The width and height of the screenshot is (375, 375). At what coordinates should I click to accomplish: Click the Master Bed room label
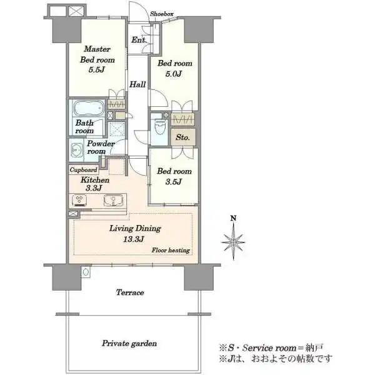click(97, 54)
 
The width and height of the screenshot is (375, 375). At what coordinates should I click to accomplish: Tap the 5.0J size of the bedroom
click(174, 74)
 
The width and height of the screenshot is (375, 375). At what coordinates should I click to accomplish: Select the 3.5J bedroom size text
click(174, 182)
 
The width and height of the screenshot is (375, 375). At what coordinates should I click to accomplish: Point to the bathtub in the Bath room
click(89, 108)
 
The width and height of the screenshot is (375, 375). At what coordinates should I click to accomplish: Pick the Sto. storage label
click(182, 137)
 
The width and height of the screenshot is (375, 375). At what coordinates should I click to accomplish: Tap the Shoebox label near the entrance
click(162, 14)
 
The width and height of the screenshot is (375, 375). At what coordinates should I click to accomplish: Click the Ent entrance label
click(138, 40)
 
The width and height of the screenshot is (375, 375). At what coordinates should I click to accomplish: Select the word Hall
click(137, 84)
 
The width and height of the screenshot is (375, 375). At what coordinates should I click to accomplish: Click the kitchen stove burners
click(79, 201)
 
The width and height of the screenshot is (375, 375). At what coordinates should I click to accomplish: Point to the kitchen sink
click(113, 200)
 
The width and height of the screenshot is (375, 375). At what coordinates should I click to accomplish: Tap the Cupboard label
click(84, 170)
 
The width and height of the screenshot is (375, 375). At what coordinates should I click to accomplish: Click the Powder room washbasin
click(76, 150)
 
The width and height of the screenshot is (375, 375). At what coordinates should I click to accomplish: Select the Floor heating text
click(171, 251)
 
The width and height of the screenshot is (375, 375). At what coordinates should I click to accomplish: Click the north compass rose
click(233, 242)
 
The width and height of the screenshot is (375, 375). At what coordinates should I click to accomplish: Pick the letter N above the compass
click(233, 218)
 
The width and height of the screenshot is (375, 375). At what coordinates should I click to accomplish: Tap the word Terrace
click(130, 292)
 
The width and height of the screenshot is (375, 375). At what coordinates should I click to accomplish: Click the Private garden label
click(129, 343)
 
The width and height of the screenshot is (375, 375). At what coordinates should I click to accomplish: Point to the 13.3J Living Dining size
click(134, 239)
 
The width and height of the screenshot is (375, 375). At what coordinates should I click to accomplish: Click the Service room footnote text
click(271, 347)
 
